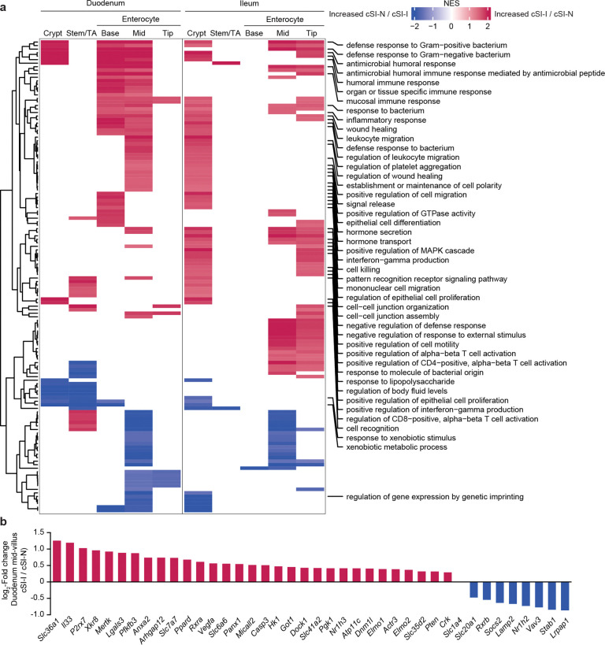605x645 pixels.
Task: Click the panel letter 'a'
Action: click(x=4, y=5)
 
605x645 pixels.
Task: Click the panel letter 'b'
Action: click(x=4, y=521)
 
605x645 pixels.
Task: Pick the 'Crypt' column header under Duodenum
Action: click(x=54, y=33)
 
